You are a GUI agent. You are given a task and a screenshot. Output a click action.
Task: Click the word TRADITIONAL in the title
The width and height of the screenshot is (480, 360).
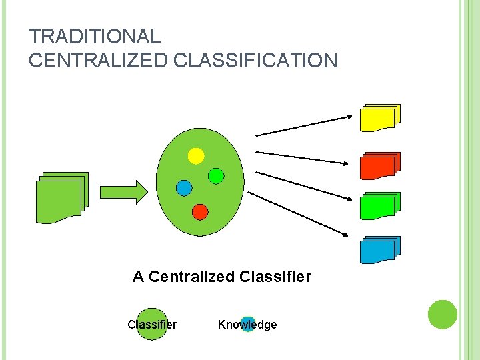[95, 37]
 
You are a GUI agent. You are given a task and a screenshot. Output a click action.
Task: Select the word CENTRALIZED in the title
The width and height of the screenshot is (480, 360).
[99, 61]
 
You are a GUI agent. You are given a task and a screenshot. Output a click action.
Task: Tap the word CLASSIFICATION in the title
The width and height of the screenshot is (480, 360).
[255, 61]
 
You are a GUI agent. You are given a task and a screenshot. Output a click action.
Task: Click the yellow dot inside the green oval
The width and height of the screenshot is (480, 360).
[196, 156]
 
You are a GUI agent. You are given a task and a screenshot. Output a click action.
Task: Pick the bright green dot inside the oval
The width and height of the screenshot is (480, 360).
[216, 175]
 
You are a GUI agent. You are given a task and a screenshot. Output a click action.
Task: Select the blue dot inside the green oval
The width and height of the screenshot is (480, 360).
[184, 187]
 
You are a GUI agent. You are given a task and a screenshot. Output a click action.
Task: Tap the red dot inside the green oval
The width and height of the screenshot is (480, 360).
[200, 211]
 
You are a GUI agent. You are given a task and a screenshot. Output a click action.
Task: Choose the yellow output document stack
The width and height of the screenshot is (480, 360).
[379, 117]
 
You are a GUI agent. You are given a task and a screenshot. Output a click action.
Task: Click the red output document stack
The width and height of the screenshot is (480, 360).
[379, 166]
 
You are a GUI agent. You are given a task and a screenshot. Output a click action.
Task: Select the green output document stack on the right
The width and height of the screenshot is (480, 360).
[379, 206]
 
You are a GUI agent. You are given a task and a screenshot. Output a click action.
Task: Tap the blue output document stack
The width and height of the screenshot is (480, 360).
[379, 250]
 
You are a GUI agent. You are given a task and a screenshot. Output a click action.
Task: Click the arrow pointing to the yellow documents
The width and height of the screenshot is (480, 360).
[303, 126]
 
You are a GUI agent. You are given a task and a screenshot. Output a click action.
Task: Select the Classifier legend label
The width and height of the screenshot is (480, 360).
[152, 325]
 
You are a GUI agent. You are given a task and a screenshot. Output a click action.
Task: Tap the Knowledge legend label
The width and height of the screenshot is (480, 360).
[247, 325]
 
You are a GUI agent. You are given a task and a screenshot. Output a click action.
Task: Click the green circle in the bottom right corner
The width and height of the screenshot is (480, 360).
[442, 314]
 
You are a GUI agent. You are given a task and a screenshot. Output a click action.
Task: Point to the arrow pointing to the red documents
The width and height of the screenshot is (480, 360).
[303, 157]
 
